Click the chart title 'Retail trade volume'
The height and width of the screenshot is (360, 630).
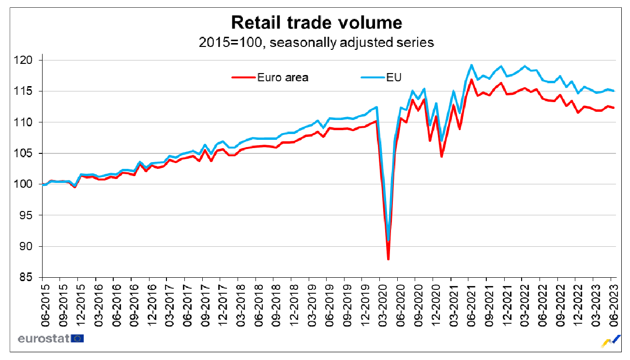click(x=316, y=22)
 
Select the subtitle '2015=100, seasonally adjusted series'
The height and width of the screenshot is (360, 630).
click(x=316, y=43)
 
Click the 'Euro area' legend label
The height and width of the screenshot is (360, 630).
click(x=283, y=77)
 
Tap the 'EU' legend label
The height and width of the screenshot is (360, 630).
click(x=395, y=77)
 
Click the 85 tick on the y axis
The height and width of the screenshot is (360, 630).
click(x=29, y=278)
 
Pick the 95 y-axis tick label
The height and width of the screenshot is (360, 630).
click(x=29, y=215)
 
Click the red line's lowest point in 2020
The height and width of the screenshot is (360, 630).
click(x=388, y=259)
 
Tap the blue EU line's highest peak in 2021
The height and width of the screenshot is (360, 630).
click(x=471, y=65)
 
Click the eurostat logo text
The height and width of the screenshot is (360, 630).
click(x=44, y=338)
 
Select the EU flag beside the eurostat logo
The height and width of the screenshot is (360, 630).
click(x=77, y=338)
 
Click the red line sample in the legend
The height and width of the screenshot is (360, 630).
click(x=243, y=77)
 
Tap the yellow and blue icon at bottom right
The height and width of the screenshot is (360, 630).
click(x=611, y=341)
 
